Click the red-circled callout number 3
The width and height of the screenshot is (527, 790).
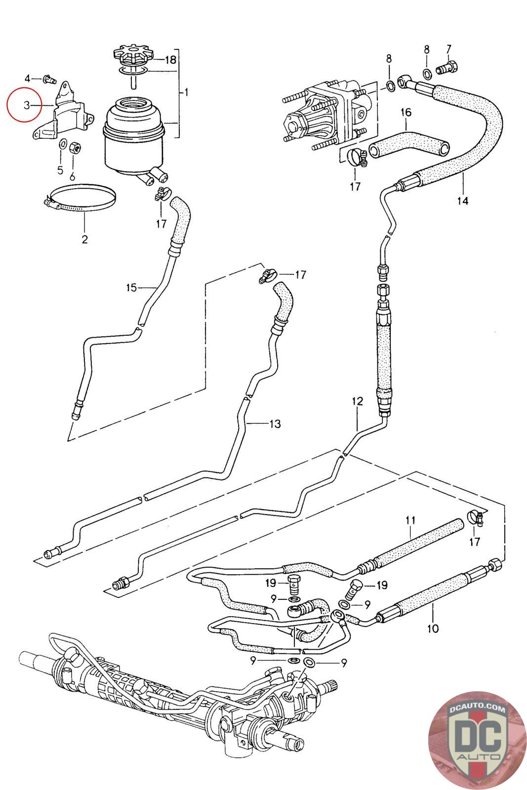tap(27, 105)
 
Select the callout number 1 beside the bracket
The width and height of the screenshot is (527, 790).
tap(186, 92)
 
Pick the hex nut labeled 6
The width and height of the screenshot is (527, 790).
tap(75, 148)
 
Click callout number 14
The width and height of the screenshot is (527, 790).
tap(462, 200)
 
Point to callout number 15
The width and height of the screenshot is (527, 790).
tap(131, 288)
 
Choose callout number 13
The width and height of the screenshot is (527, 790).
tap(275, 424)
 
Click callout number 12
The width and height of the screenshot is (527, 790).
tap(357, 401)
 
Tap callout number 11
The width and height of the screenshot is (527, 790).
tap(410, 520)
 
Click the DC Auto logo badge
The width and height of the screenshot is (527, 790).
tap(477, 741)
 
